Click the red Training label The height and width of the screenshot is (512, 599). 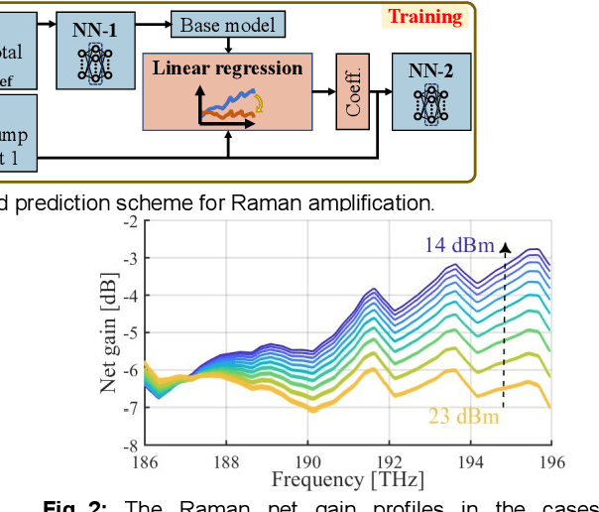coord(424,17)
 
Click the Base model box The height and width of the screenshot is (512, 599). coord(229,23)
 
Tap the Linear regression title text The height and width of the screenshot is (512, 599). coord(226,68)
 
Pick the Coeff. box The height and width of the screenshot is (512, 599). coord(354,91)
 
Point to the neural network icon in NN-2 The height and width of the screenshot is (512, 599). coord(430,103)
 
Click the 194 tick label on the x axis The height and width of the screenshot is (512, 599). coord(470,460)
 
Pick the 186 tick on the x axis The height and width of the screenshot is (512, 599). coord(145,460)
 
